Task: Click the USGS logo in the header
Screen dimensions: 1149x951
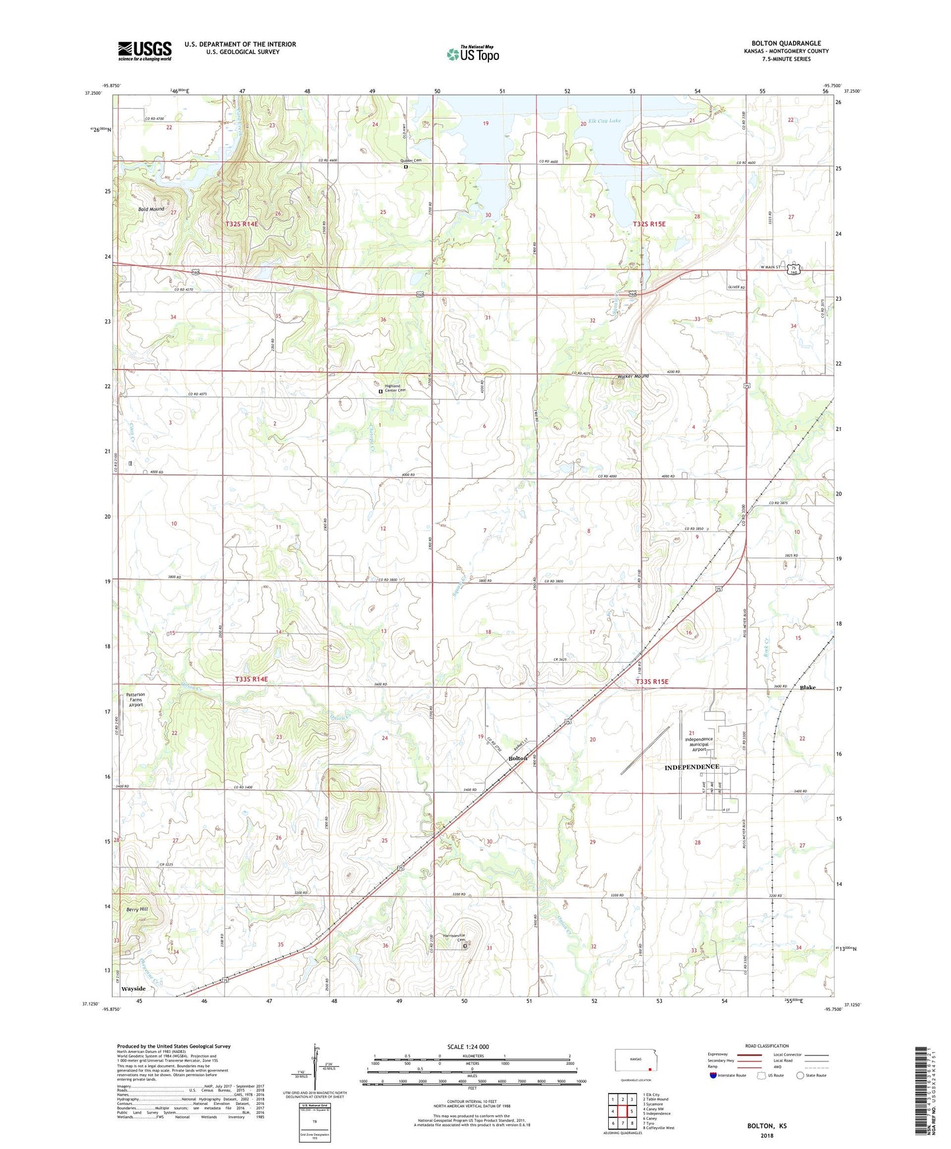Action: pyautogui.click(x=145, y=51)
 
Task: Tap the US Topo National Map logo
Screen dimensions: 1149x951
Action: pyautogui.click(x=473, y=54)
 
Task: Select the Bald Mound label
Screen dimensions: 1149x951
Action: pyautogui.click(x=151, y=209)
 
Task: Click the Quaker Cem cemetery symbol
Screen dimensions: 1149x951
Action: pyautogui.click(x=406, y=167)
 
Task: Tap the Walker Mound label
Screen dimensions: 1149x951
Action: pyautogui.click(x=632, y=376)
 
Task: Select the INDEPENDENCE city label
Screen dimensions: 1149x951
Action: pyautogui.click(x=691, y=767)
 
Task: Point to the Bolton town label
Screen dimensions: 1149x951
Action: pyautogui.click(x=518, y=758)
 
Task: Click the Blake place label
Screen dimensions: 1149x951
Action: pyautogui.click(x=808, y=688)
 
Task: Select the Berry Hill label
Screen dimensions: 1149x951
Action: pyautogui.click(x=137, y=909)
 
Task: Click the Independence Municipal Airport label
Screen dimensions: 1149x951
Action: pyautogui.click(x=698, y=744)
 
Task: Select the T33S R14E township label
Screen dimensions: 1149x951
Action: pyautogui.click(x=247, y=678)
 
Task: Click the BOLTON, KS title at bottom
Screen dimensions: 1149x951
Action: pyautogui.click(x=767, y=1126)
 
